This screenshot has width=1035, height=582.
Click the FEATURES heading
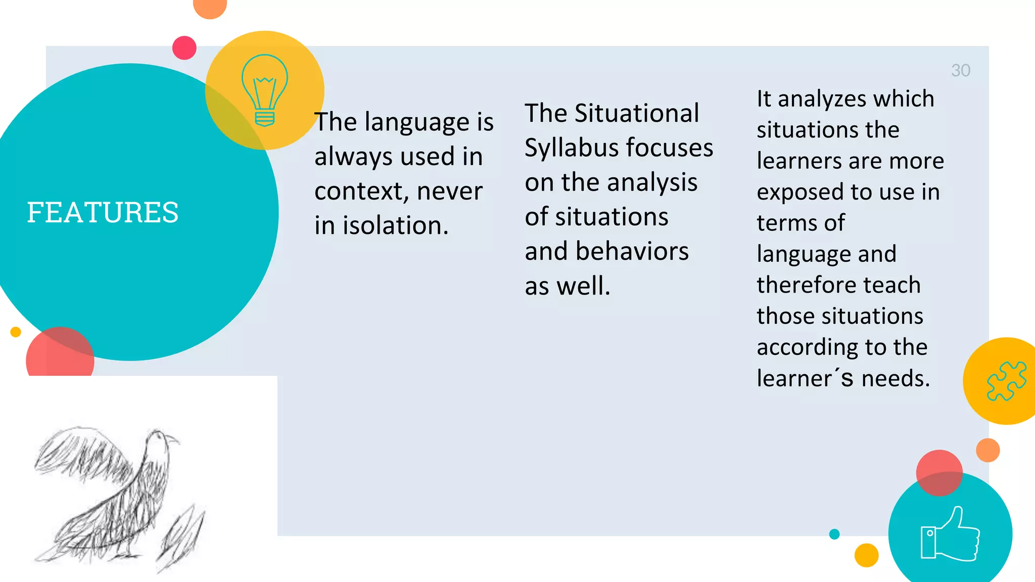(x=103, y=212)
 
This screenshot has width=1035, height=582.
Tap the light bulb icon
(x=265, y=90)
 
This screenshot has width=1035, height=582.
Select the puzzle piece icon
(x=1006, y=381)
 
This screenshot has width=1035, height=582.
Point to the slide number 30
(x=960, y=71)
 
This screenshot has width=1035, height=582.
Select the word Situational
(x=637, y=113)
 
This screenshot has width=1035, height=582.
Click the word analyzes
(x=821, y=99)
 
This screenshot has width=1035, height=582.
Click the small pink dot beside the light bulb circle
(x=184, y=48)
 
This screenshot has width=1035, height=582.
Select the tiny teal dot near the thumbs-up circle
(x=834, y=534)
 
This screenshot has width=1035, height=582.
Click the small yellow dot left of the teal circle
(x=16, y=332)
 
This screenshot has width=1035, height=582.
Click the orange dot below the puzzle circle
(x=987, y=450)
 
